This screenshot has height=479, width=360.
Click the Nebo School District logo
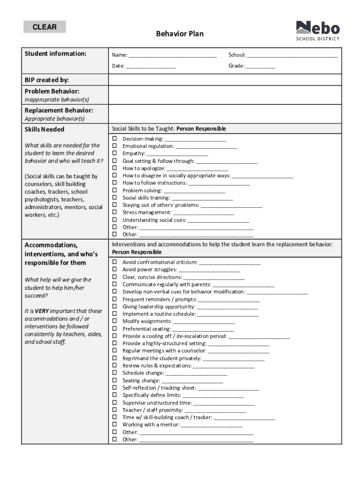[x=317, y=30]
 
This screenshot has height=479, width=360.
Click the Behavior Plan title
[x=180, y=34]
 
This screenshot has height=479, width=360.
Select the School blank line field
[x=292, y=56]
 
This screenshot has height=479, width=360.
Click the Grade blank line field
[x=260, y=66]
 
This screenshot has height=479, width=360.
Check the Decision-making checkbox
[x=115, y=139]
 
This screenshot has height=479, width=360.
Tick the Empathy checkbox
[x=115, y=153]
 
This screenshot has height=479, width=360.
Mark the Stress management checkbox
[x=115, y=212]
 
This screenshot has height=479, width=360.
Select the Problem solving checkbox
[x=115, y=190]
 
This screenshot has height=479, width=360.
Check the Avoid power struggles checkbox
[x=115, y=270]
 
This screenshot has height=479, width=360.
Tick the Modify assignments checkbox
[x=115, y=321]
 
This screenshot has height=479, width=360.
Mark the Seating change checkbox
[x=115, y=381]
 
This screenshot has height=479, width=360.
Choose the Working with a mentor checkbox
[x=115, y=425]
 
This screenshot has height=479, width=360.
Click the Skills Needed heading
[x=44, y=130]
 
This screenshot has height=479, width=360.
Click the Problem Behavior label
[x=52, y=91]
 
